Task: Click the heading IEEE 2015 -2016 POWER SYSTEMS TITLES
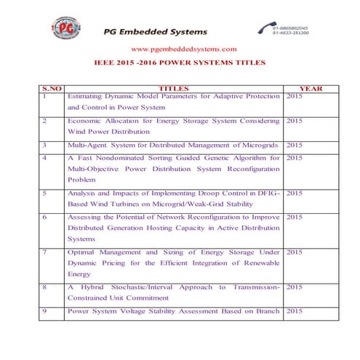coord(180,63)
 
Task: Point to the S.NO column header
coord(52,89)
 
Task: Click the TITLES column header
coord(173,89)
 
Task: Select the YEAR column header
coord(311,89)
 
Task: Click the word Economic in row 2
coord(86,120)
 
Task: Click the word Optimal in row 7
coord(84,252)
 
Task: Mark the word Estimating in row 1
coord(89,96)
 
